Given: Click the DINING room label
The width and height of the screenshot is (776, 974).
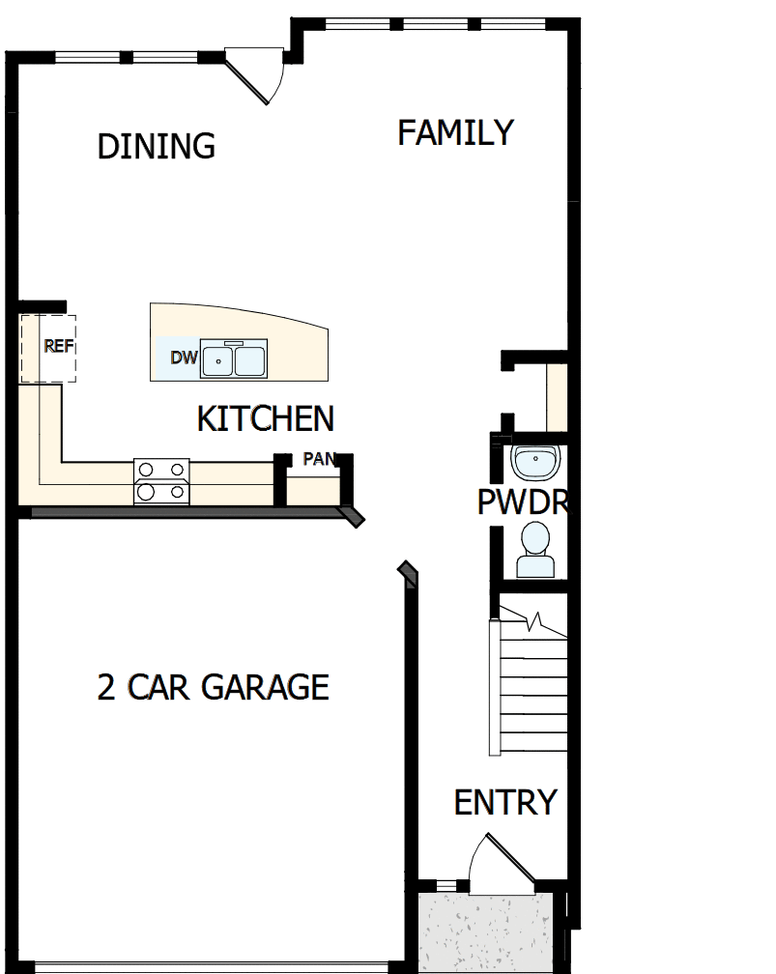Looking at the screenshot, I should [x=156, y=146].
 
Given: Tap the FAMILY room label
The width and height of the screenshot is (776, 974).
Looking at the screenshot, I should [x=455, y=132].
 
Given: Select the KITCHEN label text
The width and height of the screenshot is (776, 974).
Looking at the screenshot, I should [x=265, y=419].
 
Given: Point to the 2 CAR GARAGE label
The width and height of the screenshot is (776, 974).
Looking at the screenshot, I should [x=213, y=687].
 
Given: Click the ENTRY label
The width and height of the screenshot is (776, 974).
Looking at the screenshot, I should [x=504, y=802].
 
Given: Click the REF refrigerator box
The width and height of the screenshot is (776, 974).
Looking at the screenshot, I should [x=48, y=347].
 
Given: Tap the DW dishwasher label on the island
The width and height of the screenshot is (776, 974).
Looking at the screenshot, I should [x=184, y=358].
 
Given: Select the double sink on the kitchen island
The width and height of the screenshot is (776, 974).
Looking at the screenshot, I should [x=234, y=360].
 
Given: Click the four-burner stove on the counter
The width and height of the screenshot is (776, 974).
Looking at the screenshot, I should [x=161, y=480].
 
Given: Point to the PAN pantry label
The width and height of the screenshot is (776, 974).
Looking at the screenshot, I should [x=318, y=459].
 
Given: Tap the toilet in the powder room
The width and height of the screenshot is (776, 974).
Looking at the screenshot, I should [x=534, y=550].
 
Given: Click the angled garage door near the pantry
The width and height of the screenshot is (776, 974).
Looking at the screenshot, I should [x=409, y=574].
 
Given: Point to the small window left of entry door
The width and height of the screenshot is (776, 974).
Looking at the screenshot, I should [x=445, y=884].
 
